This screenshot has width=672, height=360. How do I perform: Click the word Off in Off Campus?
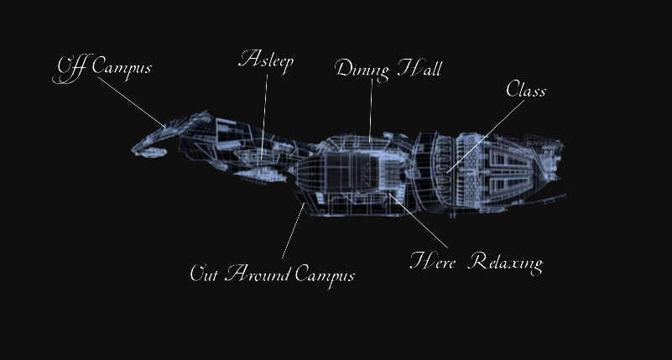[70, 69]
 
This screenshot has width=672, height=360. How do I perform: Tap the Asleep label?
[266, 60]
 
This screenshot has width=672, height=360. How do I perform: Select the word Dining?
[362, 70]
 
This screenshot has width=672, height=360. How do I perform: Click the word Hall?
[419, 68]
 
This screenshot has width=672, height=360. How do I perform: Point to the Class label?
[526, 90]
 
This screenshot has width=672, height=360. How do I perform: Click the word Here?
[432, 261]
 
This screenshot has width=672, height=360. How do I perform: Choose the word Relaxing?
[505, 263]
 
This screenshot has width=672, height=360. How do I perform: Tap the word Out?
[204, 273]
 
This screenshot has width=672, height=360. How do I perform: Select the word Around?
[258, 273]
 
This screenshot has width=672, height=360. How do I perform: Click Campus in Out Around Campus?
[325, 275]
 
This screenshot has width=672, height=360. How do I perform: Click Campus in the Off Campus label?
[122, 68]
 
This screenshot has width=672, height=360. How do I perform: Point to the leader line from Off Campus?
[131, 102]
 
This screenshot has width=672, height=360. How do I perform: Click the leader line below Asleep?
[264, 117]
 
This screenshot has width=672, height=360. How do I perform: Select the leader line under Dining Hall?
[371, 110]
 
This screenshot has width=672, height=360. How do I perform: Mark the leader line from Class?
[486, 136]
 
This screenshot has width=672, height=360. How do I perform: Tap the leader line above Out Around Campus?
[293, 231]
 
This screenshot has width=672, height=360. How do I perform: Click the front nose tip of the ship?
[133, 150]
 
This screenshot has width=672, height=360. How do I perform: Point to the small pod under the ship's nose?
[154, 152]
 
